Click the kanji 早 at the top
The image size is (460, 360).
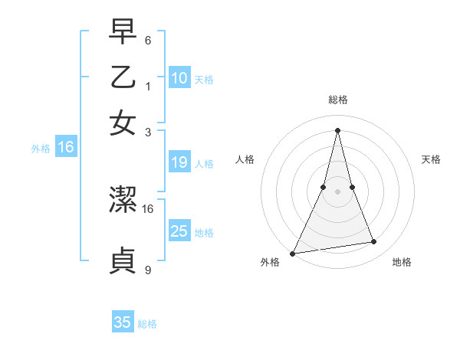[123, 32]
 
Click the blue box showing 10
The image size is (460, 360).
[179, 77]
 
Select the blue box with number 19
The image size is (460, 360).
[179, 162]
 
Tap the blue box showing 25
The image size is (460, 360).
[179, 231]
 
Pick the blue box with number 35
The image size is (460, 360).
[123, 322]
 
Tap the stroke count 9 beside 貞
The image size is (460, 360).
[148, 270]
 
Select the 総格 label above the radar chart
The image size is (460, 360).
[337, 100]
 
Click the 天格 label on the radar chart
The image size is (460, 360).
[431, 159]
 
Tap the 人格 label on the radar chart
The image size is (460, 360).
[245, 159]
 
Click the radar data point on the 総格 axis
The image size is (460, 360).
[337, 129]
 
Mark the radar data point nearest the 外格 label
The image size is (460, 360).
[292, 254]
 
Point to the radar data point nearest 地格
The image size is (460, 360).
[374, 242]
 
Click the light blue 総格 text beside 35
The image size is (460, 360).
[147, 324]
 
